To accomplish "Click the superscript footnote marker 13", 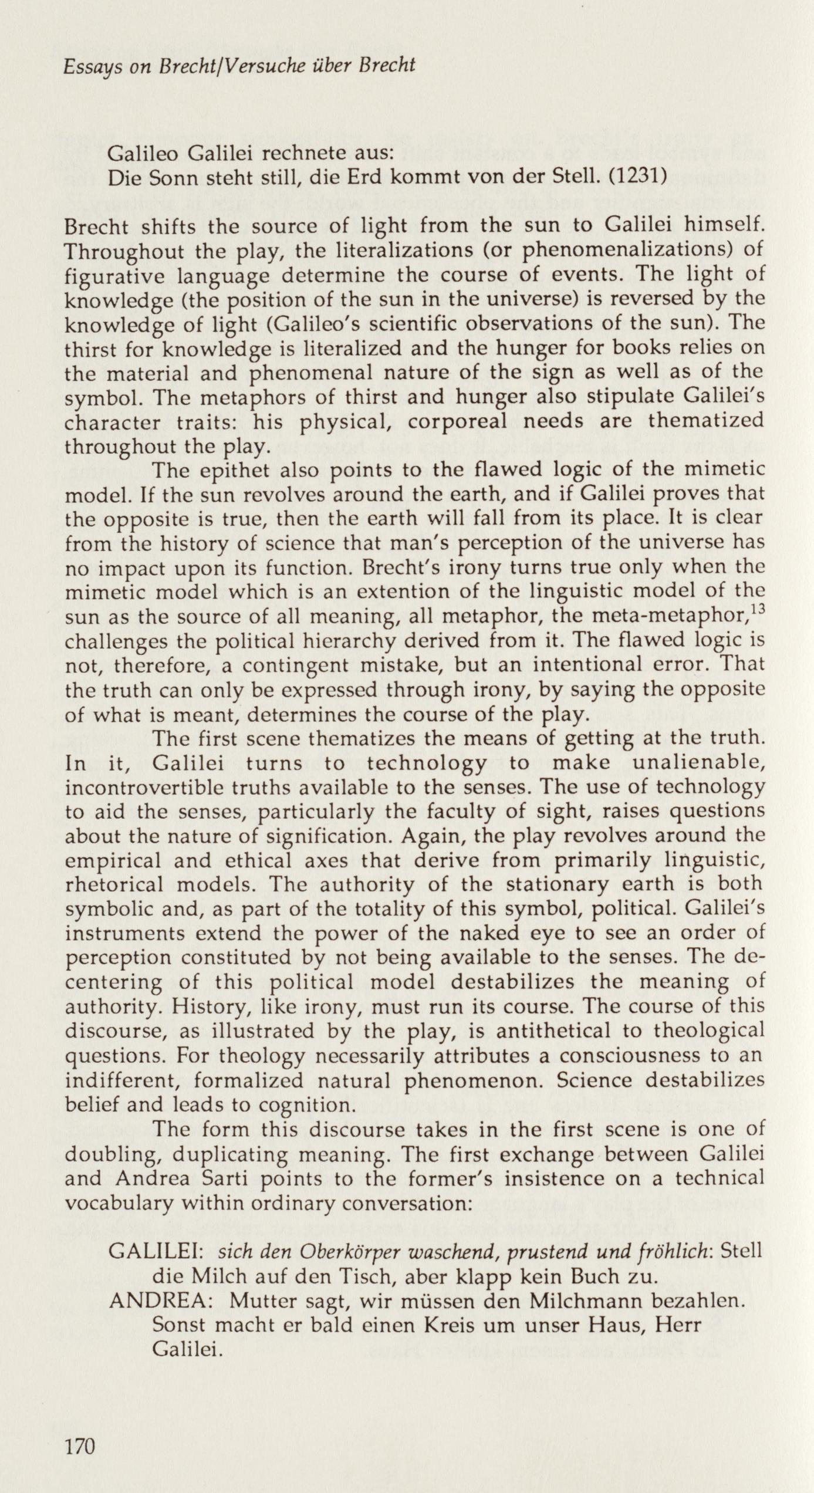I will (755, 610).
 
